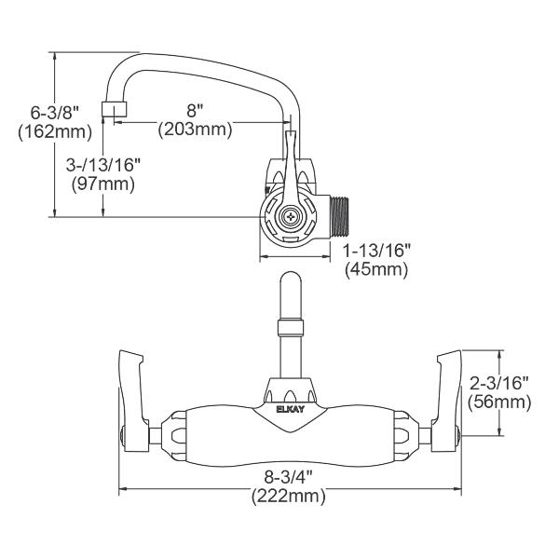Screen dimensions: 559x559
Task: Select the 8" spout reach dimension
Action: tap(194, 110)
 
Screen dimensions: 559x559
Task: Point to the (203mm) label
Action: tap(194, 130)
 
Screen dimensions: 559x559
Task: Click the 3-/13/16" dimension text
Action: tap(103, 164)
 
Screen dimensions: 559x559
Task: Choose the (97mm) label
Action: tap(103, 184)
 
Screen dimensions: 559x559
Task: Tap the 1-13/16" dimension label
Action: tap(377, 252)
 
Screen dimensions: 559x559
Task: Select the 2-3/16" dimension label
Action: tap(500, 383)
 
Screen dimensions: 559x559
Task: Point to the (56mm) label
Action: tap(500, 402)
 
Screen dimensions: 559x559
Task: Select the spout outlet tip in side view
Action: tap(115, 111)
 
